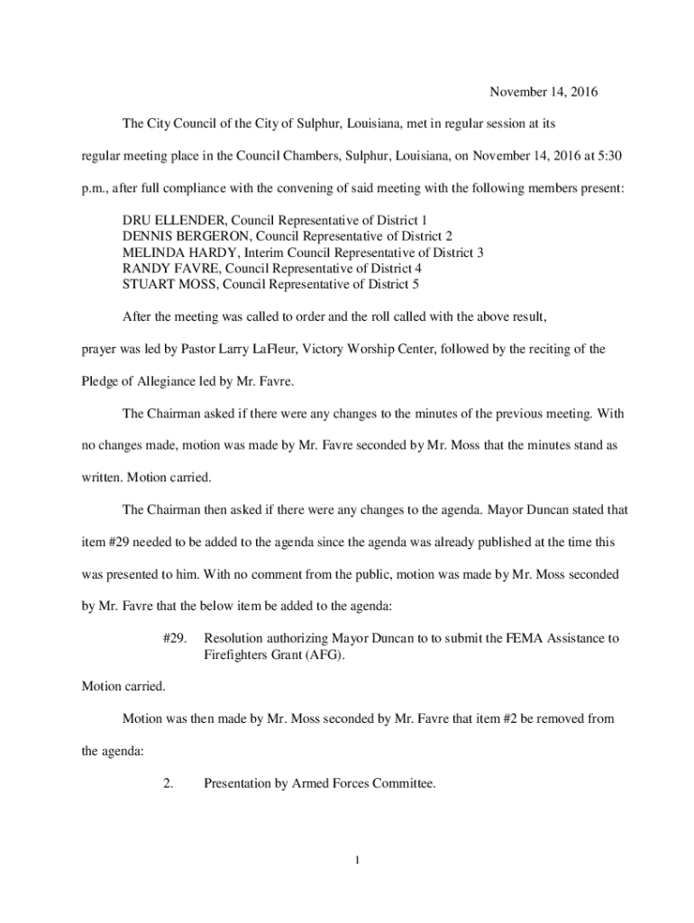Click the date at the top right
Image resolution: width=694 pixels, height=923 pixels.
pos(543,92)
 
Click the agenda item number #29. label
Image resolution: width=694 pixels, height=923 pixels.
pos(175,638)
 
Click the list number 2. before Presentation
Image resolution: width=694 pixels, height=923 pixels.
pos(169,784)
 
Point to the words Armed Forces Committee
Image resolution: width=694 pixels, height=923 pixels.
pos(362,784)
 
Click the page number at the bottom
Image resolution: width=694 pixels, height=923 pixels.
pos(357,859)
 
